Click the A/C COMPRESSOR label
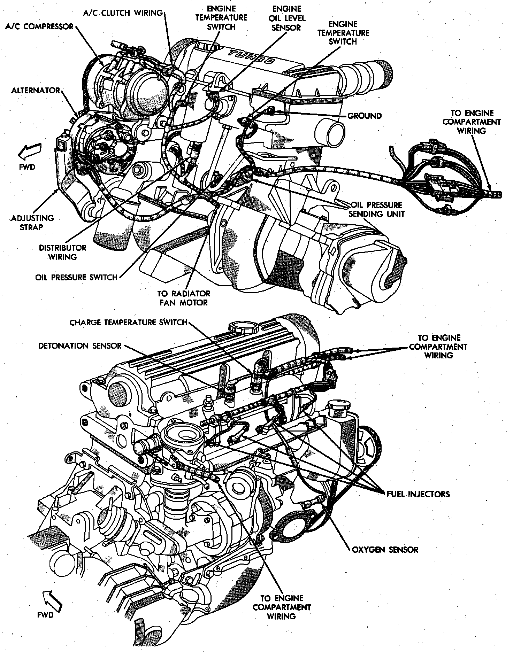coord(39,26)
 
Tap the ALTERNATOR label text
coord(36,91)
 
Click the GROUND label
coord(364,116)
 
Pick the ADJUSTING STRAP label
coord(32,223)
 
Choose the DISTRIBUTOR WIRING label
coord(63,253)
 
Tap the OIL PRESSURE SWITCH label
coord(76,277)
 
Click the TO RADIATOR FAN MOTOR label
coord(185,298)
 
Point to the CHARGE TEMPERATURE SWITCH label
coord(129,322)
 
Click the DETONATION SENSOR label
coord(80,346)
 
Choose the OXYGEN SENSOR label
coord(384,550)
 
